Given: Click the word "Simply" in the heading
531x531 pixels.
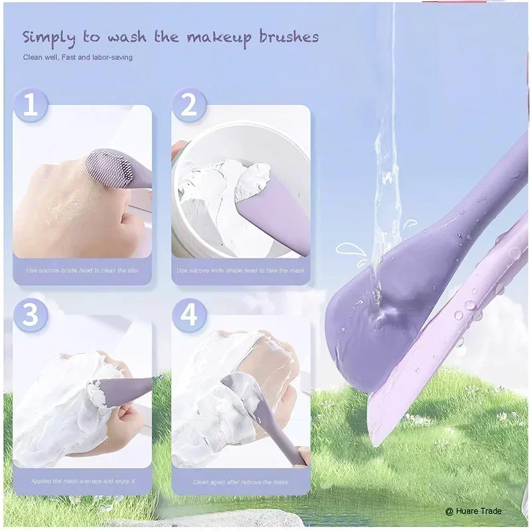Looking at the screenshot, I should click(x=50, y=38).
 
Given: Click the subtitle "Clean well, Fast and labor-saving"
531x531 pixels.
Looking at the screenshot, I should click(x=78, y=58).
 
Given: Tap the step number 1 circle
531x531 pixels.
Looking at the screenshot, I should click(x=30, y=106).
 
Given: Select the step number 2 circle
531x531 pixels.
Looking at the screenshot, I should click(x=189, y=106).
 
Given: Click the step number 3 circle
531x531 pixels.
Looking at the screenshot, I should click(x=30, y=315).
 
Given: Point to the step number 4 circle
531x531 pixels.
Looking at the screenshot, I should click(x=189, y=315).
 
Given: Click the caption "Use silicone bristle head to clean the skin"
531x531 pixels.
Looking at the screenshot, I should click(x=82, y=271).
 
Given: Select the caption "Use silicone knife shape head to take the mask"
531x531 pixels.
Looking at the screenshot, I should click(x=241, y=271).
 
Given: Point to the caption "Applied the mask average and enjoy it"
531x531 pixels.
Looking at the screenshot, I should click(x=82, y=481).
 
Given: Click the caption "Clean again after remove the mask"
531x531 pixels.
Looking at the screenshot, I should click(x=241, y=482).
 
